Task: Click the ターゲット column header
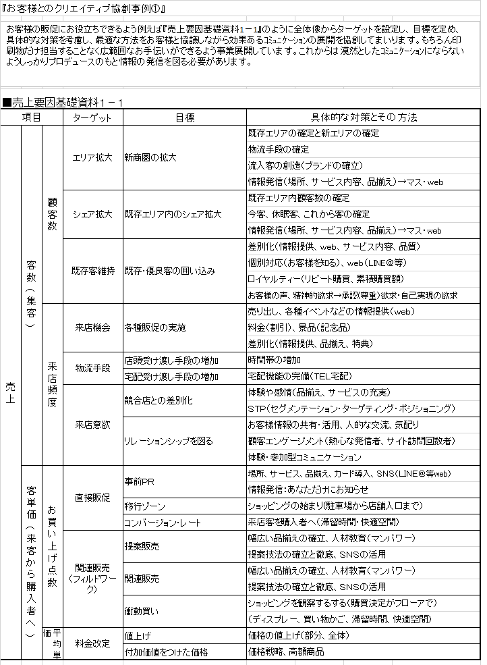[x=92, y=117]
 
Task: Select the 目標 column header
[x=184, y=117]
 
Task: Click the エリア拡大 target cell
[x=92, y=157]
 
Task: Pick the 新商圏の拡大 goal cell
[x=150, y=157]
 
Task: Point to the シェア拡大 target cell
[x=92, y=214]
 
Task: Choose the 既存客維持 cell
[x=92, y=271]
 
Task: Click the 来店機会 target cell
[x=92, y=327]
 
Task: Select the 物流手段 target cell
[x=92, y=368]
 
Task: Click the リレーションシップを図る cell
[x=169, y=441]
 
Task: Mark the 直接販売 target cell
[x=92, y=498]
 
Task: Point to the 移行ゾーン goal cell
[x=145, y=506]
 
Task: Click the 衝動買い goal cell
[x=142, y=611]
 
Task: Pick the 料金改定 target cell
[x=92, y=643]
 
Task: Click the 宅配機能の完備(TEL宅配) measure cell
[x=300, y=376]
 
